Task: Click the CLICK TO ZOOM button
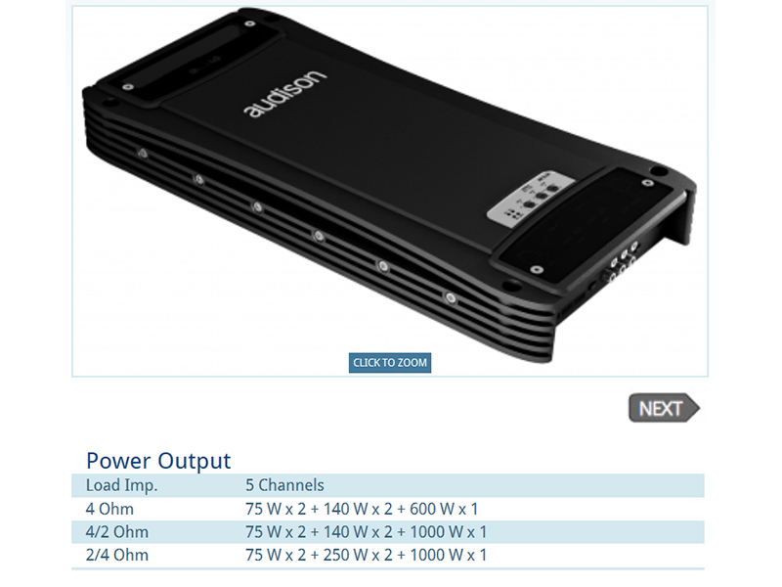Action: point(389,362)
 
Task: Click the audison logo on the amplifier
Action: point(285,94)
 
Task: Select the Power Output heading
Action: point(158,460)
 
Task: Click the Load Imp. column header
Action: point(121,485)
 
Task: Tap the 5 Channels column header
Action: point(284,485)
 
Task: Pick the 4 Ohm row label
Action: point(109,509)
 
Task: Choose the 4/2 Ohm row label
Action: point(116,531)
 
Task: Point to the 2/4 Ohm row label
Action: point(116,555)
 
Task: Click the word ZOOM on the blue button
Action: point(413,362)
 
